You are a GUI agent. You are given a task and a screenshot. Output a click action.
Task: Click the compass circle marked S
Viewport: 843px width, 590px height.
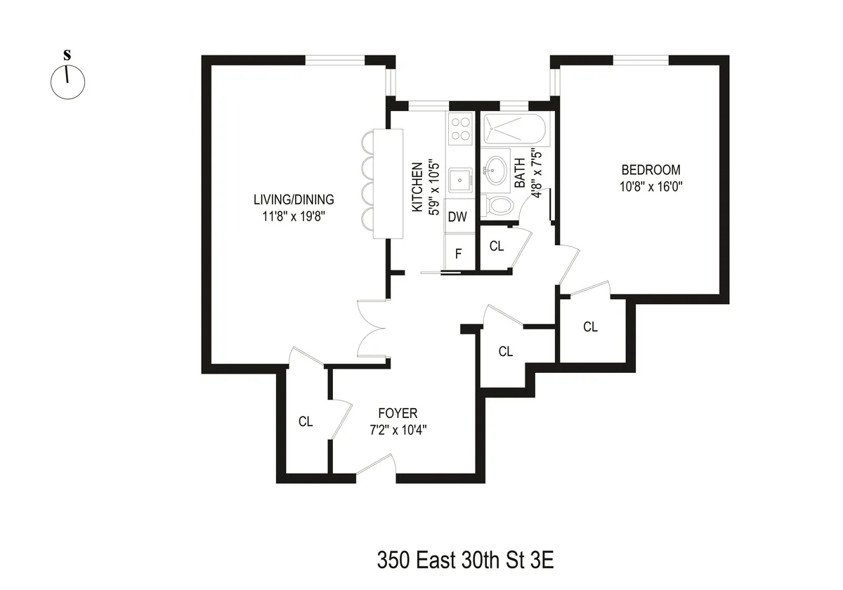(x=67, y=82)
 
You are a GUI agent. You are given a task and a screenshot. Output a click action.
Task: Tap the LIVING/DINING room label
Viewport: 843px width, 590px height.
(x=294, y=199)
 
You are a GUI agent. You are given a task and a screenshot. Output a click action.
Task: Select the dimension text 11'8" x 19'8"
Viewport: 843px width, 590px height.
(x=294, y=216)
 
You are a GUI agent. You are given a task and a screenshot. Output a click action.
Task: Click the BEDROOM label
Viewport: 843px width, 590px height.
(x=651, y=170)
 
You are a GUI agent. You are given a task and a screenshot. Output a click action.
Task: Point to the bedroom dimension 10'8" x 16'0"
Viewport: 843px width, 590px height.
(x=651, y=187)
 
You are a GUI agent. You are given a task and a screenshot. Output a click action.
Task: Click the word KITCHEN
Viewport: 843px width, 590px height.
(x=417, y=188)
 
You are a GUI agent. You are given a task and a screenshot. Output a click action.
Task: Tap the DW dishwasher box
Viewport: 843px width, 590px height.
(x=458, y=217)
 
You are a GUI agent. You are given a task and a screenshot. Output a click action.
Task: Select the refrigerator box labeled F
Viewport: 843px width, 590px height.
(x=458, y=254)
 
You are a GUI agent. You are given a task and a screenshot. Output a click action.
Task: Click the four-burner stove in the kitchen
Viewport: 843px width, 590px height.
(x=460, y=129)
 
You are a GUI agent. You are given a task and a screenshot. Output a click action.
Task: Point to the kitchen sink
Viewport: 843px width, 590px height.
(x=460, y=180)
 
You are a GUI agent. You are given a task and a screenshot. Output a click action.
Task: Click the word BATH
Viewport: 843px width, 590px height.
(x=520, y=173)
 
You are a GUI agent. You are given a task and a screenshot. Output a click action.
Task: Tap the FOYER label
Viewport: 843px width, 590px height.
(x=398, y=413)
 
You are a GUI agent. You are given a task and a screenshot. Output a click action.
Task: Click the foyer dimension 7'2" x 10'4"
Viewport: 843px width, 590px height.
(x=398, y=430)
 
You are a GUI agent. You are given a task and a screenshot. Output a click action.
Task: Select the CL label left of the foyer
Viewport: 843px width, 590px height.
(x=305, y=422)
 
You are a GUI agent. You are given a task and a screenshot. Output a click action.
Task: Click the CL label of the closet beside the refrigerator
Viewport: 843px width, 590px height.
(x=497, y=247)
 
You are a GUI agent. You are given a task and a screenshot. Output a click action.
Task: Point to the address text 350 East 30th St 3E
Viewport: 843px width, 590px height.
(x=466, y=561)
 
